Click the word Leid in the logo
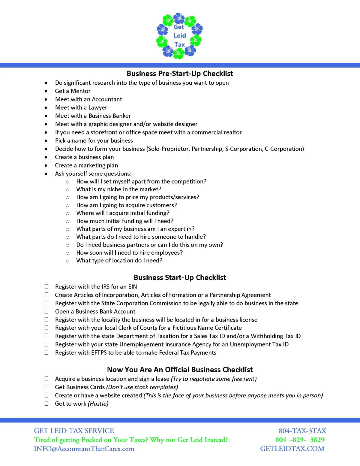coord(180,35)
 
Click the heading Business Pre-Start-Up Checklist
coord(180,74)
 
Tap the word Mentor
coord(80,91)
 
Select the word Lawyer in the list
coord(97,107)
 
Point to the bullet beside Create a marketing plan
coord(46,165)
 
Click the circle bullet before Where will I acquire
coord(67,213)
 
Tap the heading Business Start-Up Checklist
coord(180,277)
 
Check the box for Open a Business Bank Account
coord(46,311)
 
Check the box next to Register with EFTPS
coord(46,353)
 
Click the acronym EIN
coord(132,287)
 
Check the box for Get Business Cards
coord(46,387)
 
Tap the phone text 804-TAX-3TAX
coord(302,431)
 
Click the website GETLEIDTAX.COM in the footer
coord(292,449)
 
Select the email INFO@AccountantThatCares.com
coord(84,449)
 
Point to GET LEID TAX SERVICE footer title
coord(74,431)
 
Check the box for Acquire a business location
coord(46,379)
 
